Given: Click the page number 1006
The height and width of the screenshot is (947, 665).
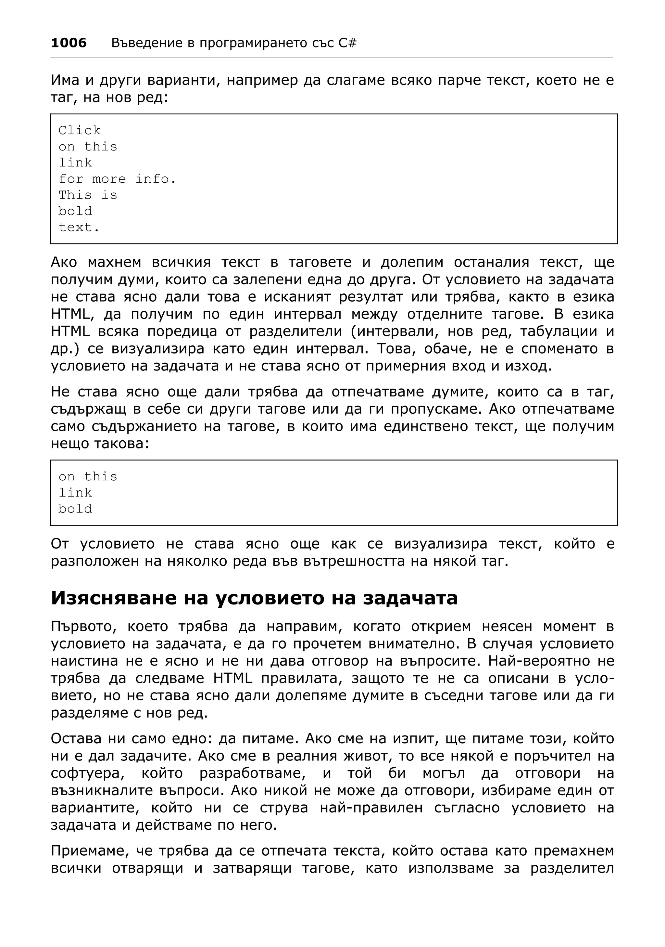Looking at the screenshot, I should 69,43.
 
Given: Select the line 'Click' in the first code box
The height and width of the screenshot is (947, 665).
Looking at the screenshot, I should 80,130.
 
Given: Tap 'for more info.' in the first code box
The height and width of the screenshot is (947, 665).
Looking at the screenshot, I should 118,179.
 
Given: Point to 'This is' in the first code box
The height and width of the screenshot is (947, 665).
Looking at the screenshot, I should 88,195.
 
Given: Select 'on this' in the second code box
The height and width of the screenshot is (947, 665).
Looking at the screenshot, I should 88,476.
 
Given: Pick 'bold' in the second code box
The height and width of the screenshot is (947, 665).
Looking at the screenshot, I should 75,509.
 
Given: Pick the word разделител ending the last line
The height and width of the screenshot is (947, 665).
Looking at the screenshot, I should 572,868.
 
